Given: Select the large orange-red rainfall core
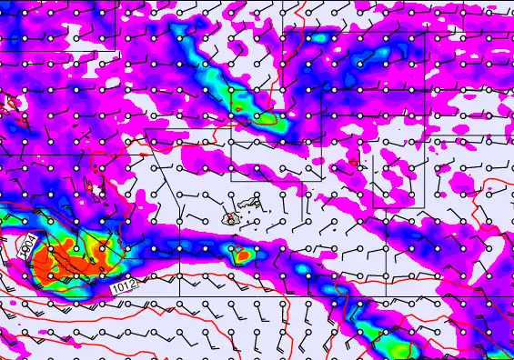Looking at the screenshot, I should pos(68,264).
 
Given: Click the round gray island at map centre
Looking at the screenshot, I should pos(230,218).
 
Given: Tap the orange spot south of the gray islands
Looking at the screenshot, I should pos(240,255).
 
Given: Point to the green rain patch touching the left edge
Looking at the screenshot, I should pos(11,222).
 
